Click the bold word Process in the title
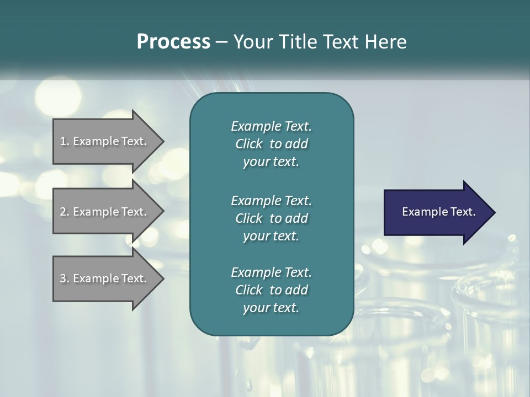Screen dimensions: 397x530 click(x=173, y=42)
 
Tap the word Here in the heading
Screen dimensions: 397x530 click(x=386, y=42)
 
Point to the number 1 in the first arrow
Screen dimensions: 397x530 click(x=63, y=141)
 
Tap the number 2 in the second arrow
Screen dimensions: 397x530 click(x=63, y=212)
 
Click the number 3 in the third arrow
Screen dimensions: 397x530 click(x=63, y=278)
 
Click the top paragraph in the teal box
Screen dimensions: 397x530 click(x=271, y=144)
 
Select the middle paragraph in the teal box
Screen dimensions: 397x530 click(x=271, y=218)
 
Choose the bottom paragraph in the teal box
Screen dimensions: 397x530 click(x=271, y=290)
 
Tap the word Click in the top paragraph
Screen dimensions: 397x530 click(x=248, y=144)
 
